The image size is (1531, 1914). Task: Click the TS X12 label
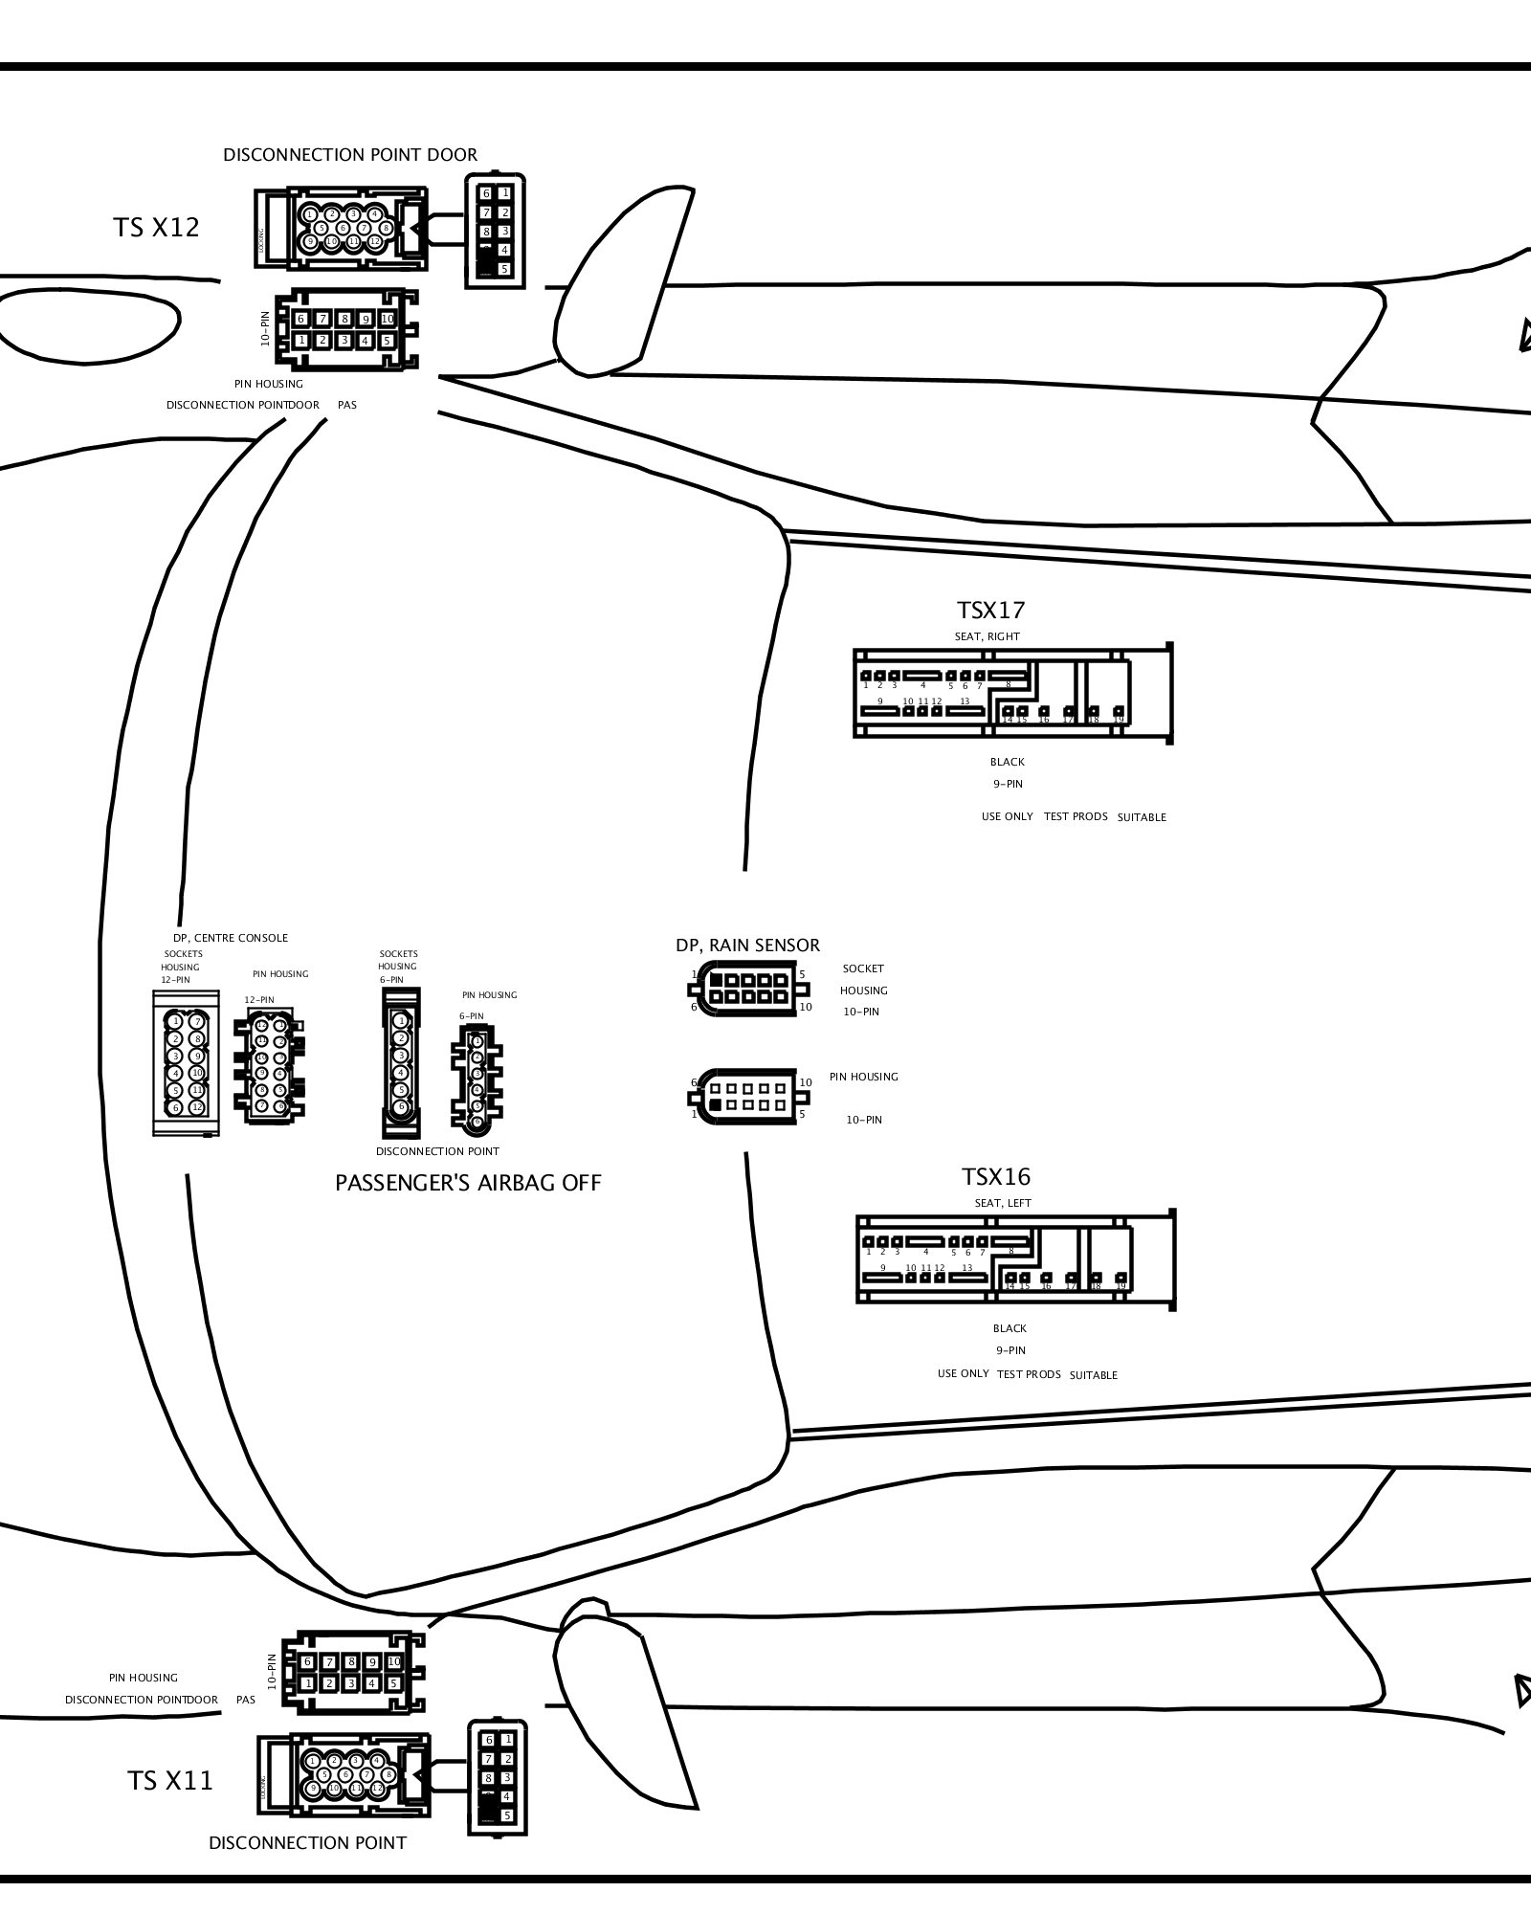[156, 228]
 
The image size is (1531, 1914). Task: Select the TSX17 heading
[990, 611]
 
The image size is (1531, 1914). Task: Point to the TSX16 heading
[995, 1177]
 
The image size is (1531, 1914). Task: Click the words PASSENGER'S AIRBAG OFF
[468, 1184]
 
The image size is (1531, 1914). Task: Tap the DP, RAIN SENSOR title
[747, 946]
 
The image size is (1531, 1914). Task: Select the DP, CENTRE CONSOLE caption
[230, 938]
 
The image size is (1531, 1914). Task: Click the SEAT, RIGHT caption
[987, 636]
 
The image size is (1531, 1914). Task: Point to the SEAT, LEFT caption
[1002, 1203]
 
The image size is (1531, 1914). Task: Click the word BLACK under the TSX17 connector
[1007, 763]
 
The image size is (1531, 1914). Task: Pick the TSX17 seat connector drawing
[1012, 694]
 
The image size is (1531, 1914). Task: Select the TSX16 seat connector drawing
[1014, 1259]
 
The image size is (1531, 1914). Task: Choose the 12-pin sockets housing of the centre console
[186, 1063]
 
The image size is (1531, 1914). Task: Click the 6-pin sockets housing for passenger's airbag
[401, 1063]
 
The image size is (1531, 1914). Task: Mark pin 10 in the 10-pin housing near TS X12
[387, 319]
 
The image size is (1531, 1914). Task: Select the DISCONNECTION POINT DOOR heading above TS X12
[350, 155]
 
